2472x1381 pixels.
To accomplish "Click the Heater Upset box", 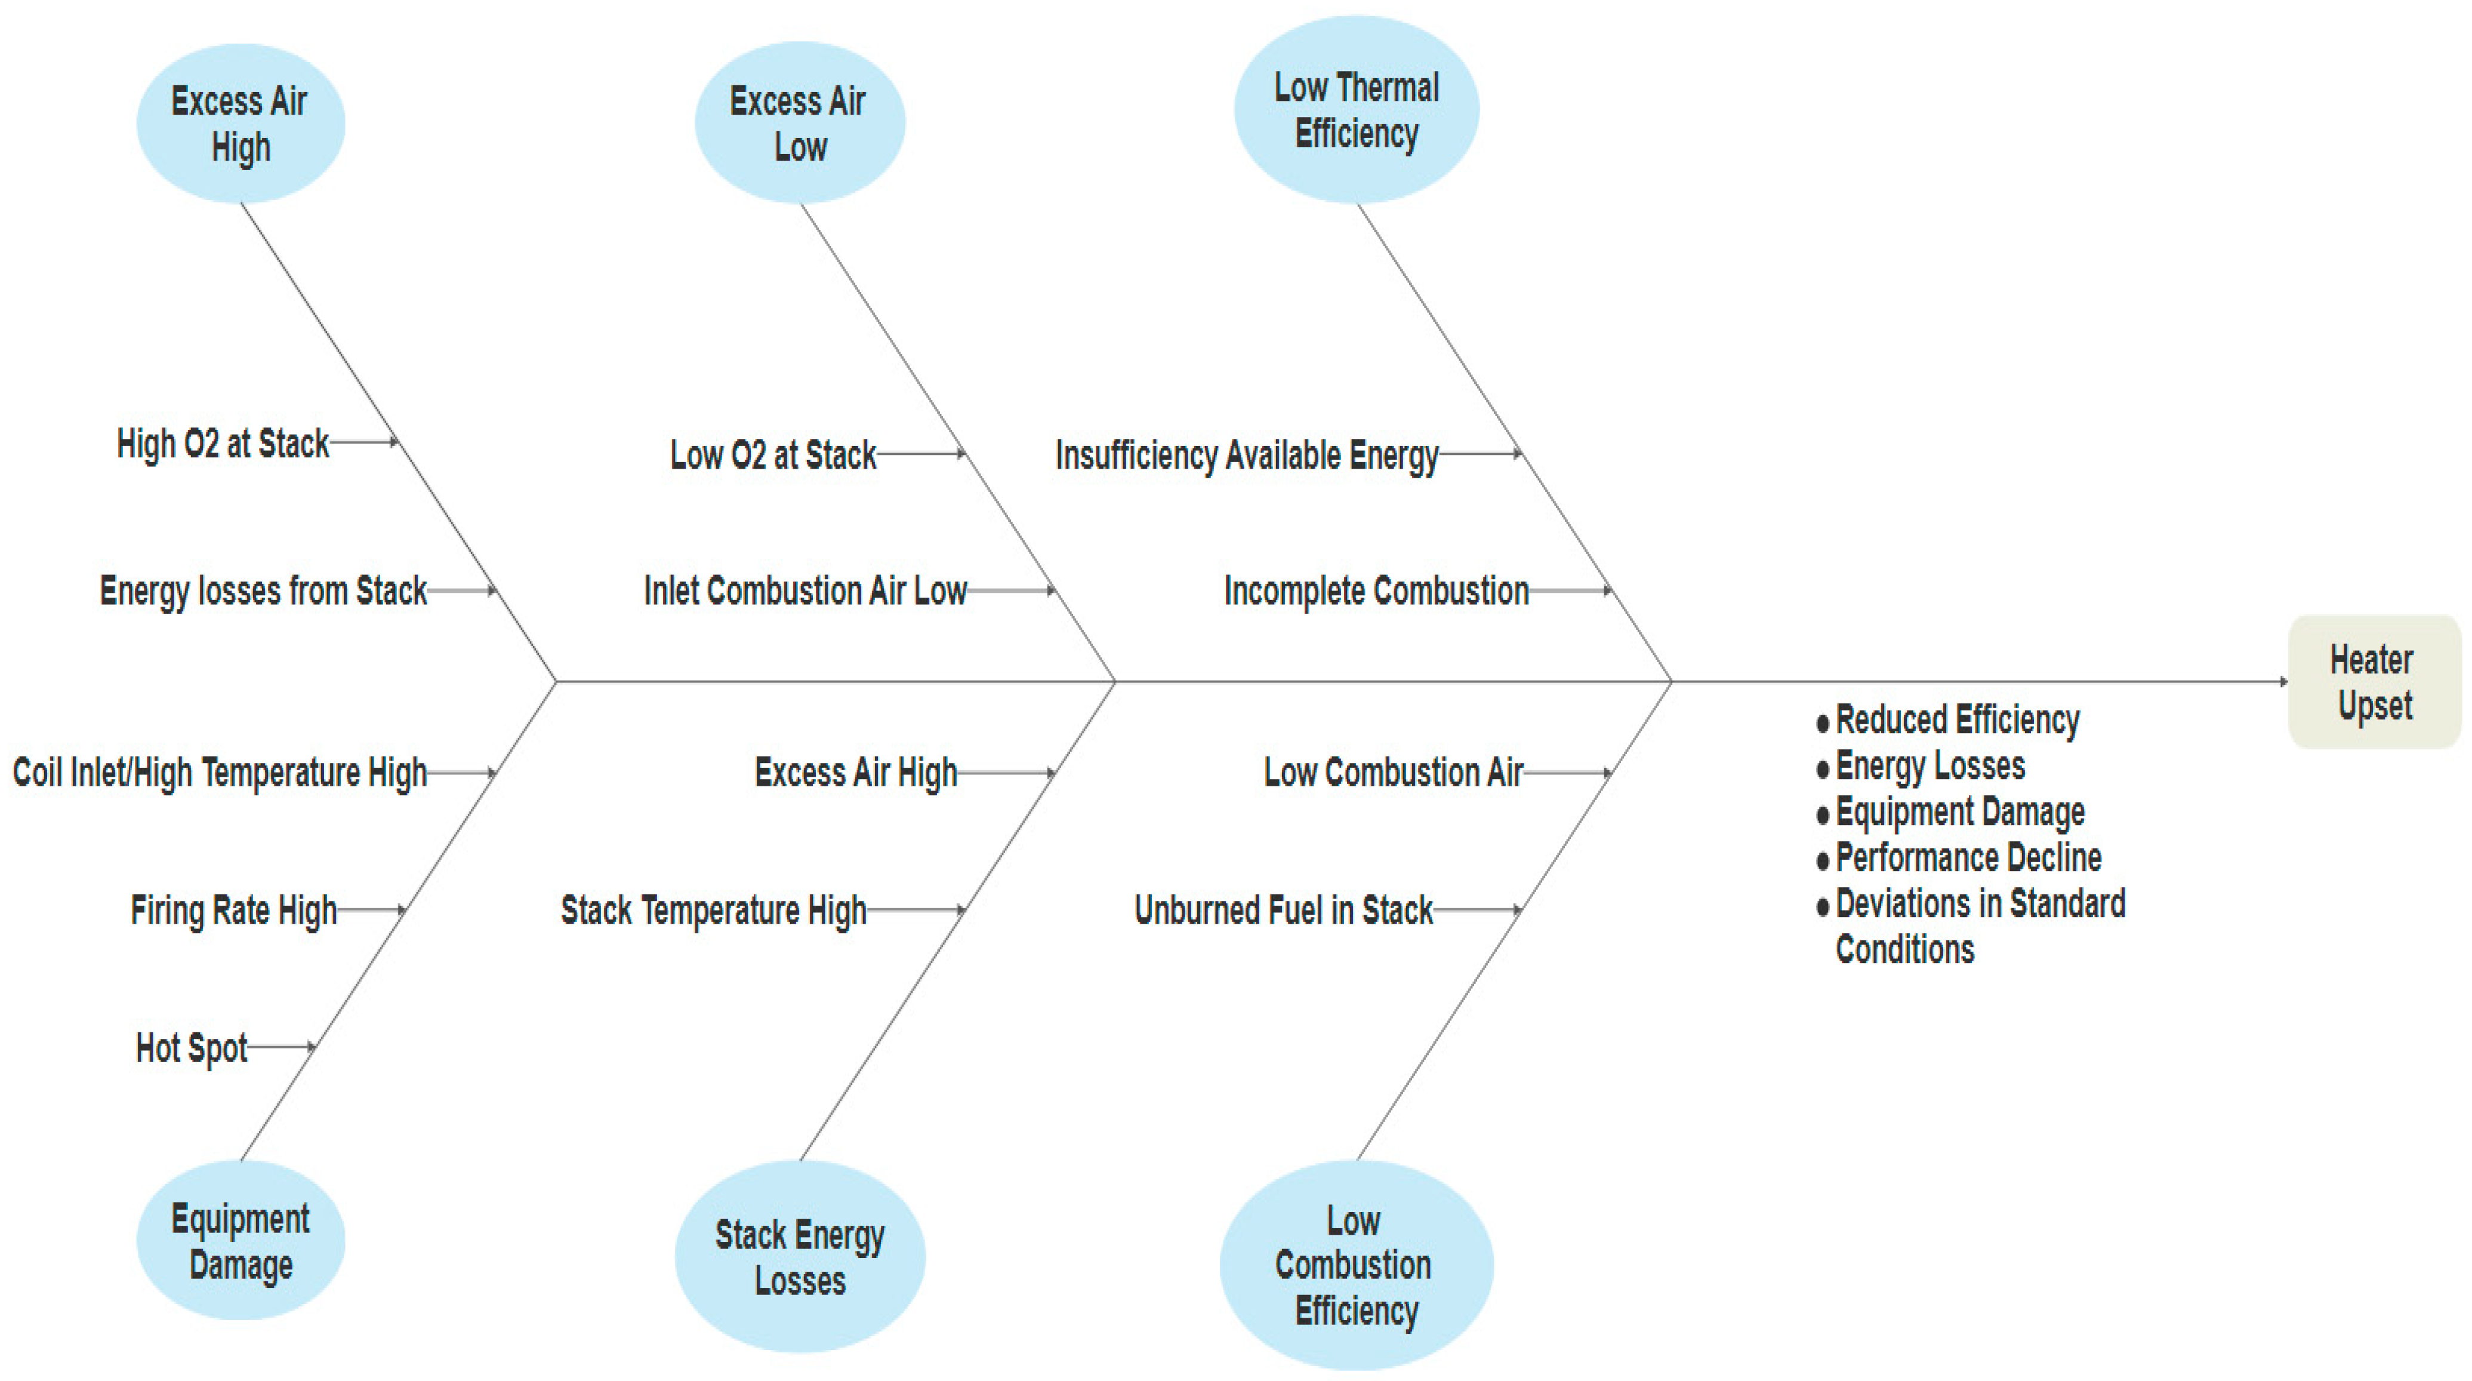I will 2374,681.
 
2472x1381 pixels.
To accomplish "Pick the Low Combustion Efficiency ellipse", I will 1355,1265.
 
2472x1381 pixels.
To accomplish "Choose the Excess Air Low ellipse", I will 799,123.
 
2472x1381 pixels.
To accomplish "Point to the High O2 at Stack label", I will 223,444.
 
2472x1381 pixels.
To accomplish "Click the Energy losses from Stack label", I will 263,590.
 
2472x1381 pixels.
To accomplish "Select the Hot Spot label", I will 192,1048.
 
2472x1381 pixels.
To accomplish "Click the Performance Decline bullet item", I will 1967,857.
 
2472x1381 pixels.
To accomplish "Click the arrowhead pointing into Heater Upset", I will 2283,681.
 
